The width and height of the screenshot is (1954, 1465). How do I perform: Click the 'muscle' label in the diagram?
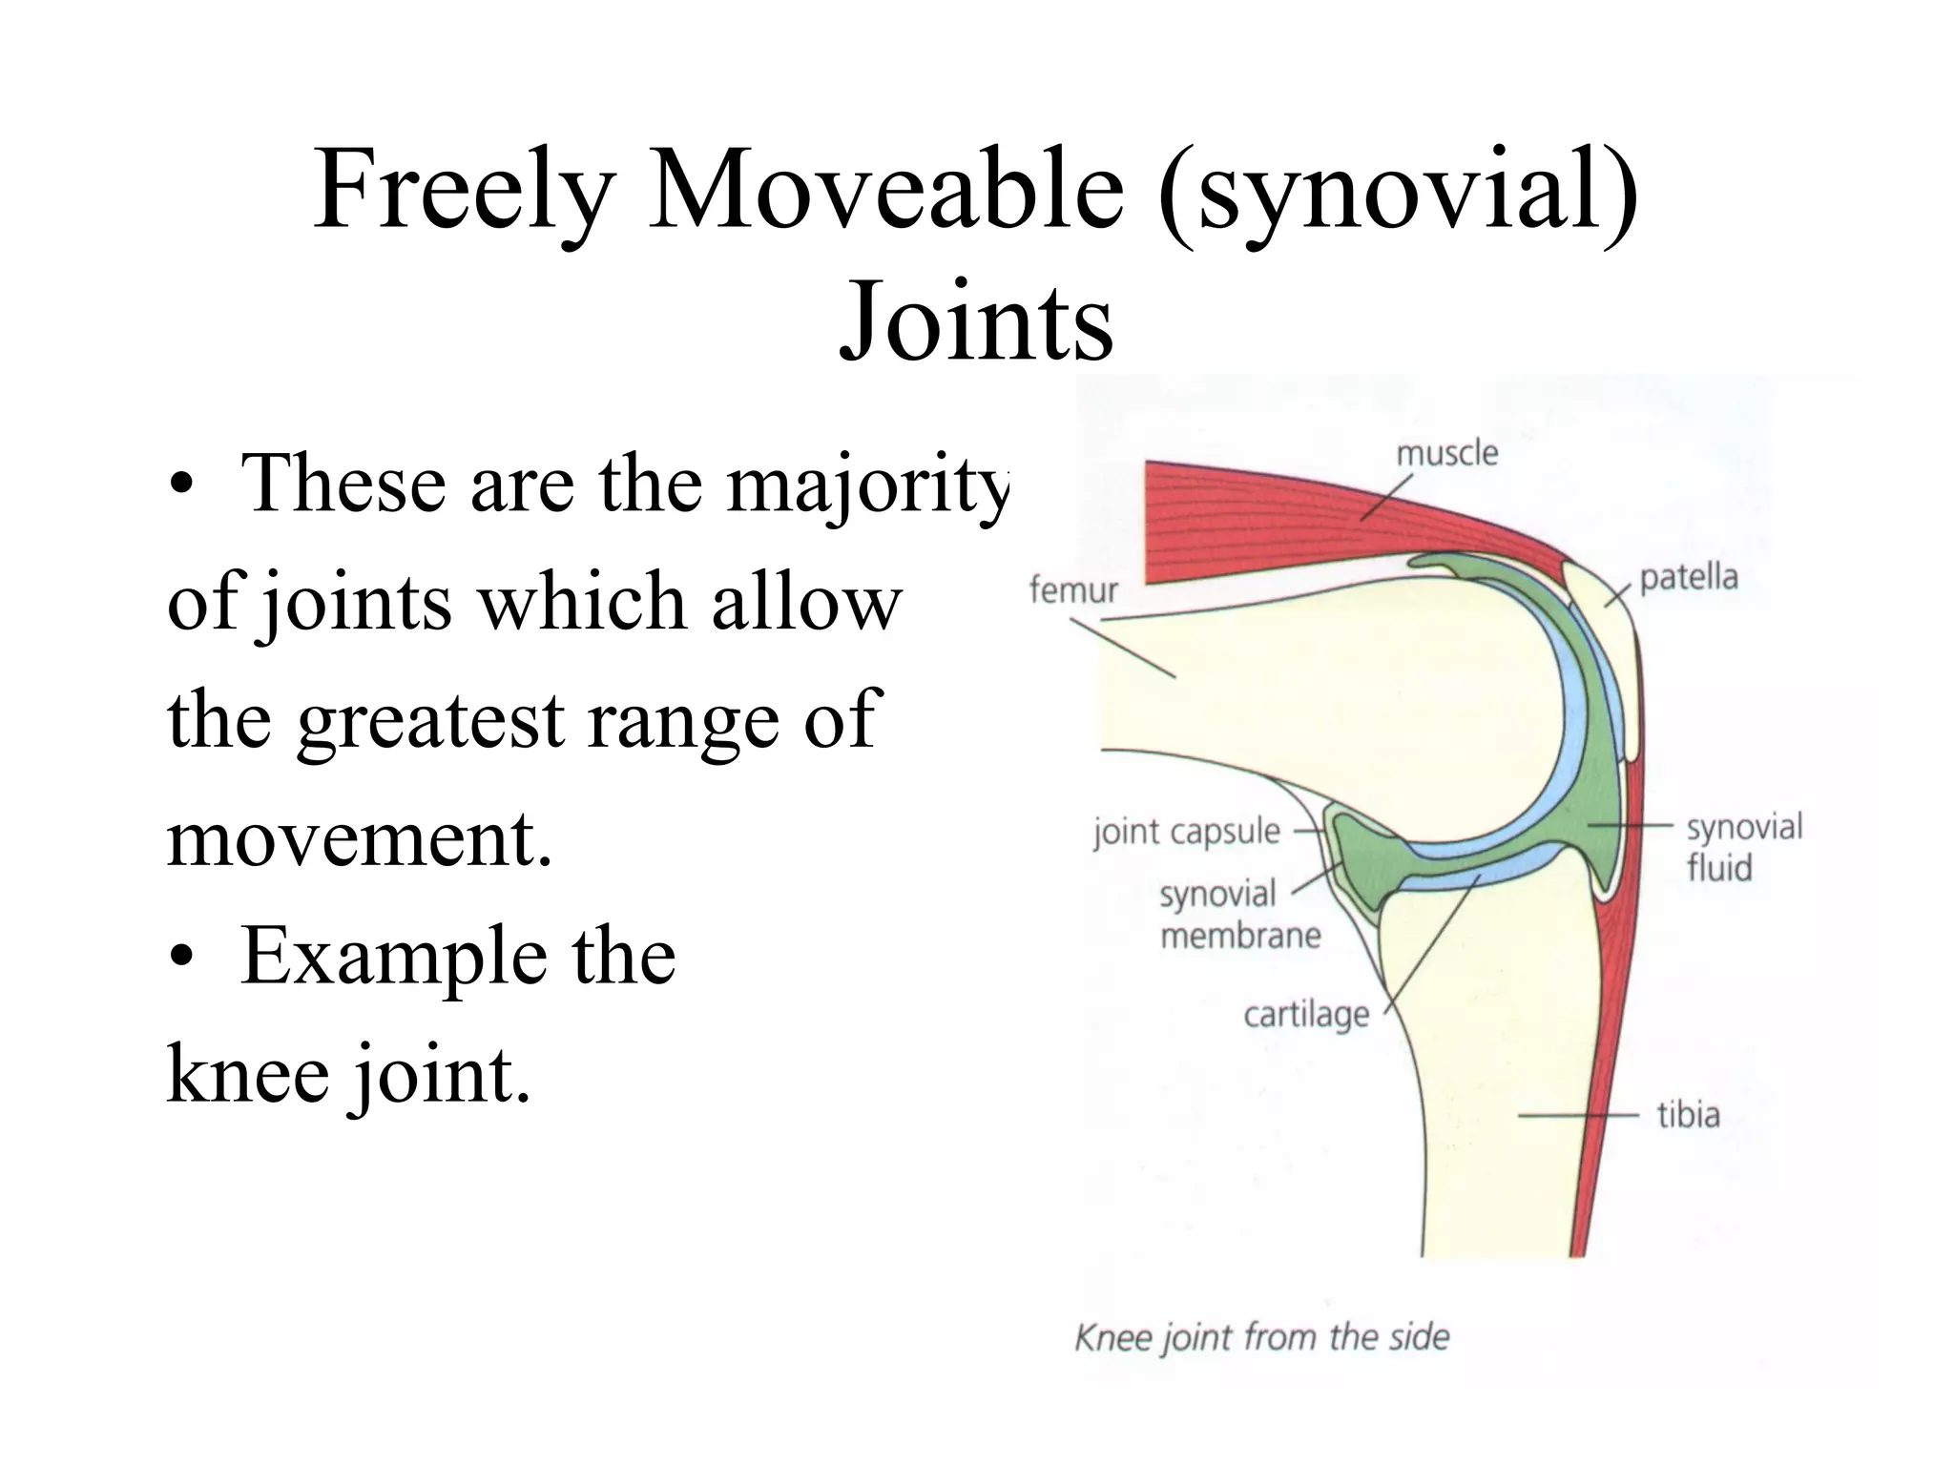pyautogui.click(x=1446, y=453)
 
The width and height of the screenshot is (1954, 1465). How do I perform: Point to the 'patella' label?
pyautogui.click(x=1688, y=577)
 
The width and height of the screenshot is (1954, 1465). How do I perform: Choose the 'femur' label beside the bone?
pyautogui.click(x=1072, y=590)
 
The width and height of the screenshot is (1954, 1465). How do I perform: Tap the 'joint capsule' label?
pyautogui.click(x=1186, y=832)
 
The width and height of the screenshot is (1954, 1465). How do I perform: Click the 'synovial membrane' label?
pyautogui.click(x=1238, y=915)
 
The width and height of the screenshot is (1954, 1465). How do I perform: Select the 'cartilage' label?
pyautogui.click(x=1305, y=1014)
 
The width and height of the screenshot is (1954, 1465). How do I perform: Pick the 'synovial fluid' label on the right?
pyautogui.click(x=1743, y=847)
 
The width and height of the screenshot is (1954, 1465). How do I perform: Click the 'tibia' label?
pyautogui.click(x=1687, y=1114)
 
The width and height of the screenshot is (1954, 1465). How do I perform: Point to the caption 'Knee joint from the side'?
pyautogui.click(x=1261, y=1337)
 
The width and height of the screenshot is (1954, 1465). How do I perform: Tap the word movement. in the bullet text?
pyautogui.click(x=360, y=839)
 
